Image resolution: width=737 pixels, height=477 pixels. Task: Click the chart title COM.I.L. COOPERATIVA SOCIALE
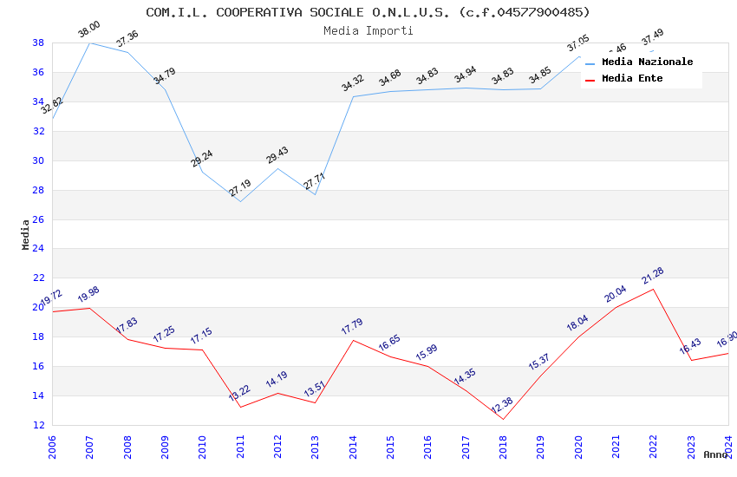pos(368,12)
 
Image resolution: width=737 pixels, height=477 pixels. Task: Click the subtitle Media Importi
pos(368,30)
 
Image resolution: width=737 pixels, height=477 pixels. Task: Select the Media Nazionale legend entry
pos(647,62)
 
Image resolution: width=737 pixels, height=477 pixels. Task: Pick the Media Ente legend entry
pos(632,79)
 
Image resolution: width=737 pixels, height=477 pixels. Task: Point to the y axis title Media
pos(26,234)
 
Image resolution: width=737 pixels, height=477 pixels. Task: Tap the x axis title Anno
pos(715,454)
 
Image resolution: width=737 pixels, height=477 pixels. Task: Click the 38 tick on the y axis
pos(38,42)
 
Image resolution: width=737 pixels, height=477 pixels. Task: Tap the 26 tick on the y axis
pos(38,219)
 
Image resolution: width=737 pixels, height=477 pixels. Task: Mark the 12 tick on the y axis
pos(38,425)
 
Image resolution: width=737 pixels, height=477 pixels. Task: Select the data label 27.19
pos(240,188)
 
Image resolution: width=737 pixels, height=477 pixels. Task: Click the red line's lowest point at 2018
pos(503,420)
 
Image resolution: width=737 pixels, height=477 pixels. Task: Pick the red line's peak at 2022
pos(653,289)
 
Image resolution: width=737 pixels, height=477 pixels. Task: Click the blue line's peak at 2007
pos(89,42)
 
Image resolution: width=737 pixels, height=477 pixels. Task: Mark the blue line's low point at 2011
pos(240,201)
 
